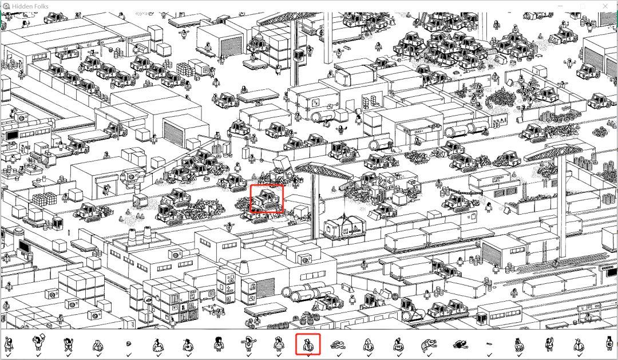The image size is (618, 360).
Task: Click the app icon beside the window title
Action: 6,6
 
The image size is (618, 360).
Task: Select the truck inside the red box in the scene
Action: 267,199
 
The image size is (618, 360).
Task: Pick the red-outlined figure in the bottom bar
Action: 308,345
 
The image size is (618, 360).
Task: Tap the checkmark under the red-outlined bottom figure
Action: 308,355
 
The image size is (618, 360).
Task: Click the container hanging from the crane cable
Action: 344,228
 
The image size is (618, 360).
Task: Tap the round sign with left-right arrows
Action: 148,300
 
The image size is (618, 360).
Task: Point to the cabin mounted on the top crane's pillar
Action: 298,55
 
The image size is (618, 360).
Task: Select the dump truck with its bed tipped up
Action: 282,168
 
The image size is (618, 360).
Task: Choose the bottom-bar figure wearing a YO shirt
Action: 398,345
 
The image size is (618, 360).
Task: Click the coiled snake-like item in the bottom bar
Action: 338,346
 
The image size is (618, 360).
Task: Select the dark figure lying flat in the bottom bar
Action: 459,345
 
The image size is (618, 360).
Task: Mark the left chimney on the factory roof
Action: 132,236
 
